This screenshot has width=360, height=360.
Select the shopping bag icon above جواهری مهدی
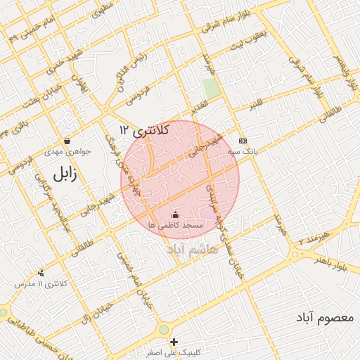pyautogui.click(x=66, y=141)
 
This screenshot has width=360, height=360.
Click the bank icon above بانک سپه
pyautogui.click(x=243, y=140)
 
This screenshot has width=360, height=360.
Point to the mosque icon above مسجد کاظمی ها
pyautogui.click(x=175, y=214)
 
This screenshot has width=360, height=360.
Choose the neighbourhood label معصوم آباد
pyautogui.click(x=324, y=318)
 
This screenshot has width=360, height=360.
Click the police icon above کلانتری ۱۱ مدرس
pyautogui.click(x=41, y=273)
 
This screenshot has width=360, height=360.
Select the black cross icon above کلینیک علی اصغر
pyautogui.click(x=174, y=342)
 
